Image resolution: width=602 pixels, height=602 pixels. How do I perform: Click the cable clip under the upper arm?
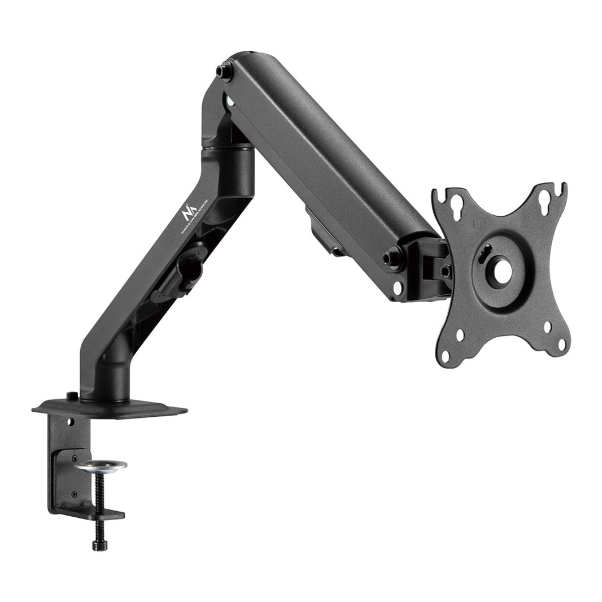(322, 231)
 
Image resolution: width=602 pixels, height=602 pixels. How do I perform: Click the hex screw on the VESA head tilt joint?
(445, 272)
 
